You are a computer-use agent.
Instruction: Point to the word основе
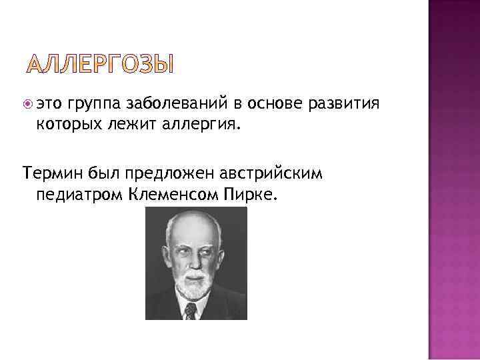point(276,104)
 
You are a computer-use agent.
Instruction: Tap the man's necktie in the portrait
point(191,311)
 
